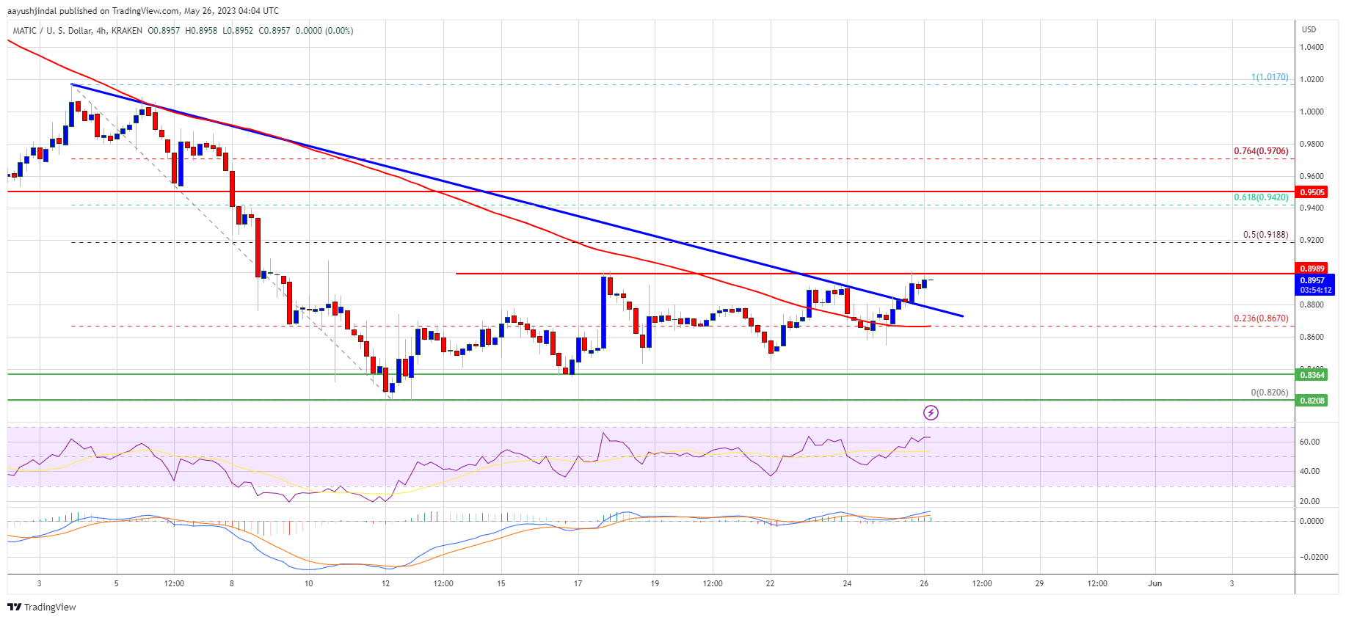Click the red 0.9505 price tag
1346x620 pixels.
[x=1312, y=192]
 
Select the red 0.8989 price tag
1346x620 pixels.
[x=1312, y=269]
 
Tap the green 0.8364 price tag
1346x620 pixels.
[x=1312, y=375]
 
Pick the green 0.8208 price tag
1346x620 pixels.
[x=1312, y=401]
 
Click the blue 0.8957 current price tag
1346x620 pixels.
[x=1312, y=280]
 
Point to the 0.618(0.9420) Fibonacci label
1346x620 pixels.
[x=1260, y=197]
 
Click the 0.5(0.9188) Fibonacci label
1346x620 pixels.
[x=1265, y=235]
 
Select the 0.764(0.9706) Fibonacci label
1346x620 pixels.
[x=1260, y=151]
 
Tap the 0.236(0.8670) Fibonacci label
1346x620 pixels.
[x=1260, y=318]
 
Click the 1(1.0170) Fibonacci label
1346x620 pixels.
[x=1270, y=77]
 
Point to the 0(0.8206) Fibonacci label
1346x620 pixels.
[x=1269, y=393]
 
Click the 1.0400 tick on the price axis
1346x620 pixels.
[x=1312, y=47]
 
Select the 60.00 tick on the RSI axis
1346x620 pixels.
[x=1309, y=442]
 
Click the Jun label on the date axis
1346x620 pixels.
[x=1154, y=584]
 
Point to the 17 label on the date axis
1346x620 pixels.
[x=578, y=584]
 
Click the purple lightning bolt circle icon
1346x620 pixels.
[x=931, y=412]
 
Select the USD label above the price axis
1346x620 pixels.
[x=1309, y=29]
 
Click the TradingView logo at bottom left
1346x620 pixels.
[x=42, y=607]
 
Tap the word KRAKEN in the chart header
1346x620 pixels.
[x=127, y=31]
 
